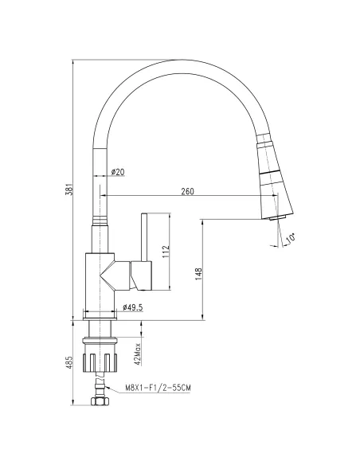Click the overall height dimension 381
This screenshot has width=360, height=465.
70,189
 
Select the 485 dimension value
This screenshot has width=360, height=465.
70,363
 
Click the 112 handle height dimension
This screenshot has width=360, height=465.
165,252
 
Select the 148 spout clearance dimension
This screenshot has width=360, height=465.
198,272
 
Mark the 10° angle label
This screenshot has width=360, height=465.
291,238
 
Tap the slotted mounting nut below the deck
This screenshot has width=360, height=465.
100,352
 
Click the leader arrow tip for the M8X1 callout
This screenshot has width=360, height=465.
104,387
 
